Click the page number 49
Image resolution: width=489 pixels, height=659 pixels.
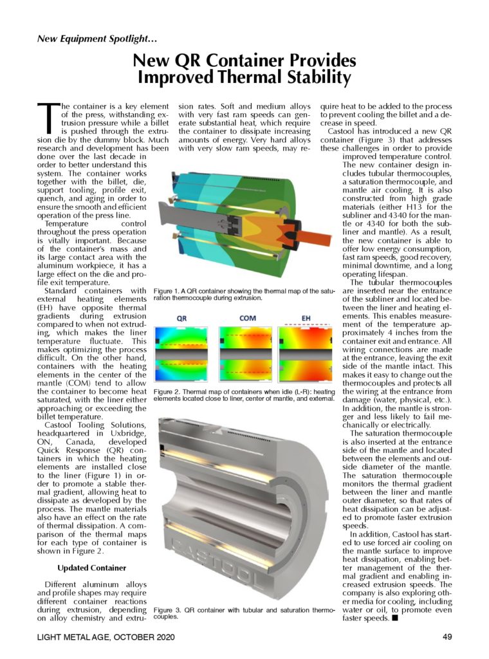(x=448, y=637)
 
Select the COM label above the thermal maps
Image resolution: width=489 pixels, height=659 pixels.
(x=248, y=318)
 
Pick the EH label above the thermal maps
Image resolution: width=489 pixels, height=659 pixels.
(x=308, y=318)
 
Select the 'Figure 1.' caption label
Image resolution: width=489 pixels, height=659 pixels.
(x=169, y=292)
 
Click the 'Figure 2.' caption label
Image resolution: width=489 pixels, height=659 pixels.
(x=169, y=392)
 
